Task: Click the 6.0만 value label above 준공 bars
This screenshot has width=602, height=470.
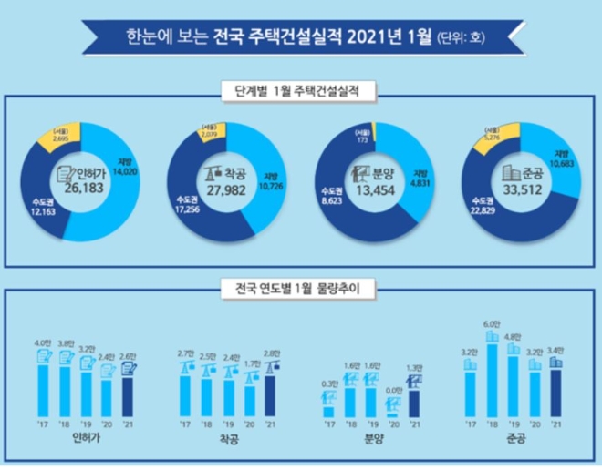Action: point(492,324)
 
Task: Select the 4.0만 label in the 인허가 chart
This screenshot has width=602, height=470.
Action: point(42,343)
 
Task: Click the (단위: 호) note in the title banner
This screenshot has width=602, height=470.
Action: point(462,38)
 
